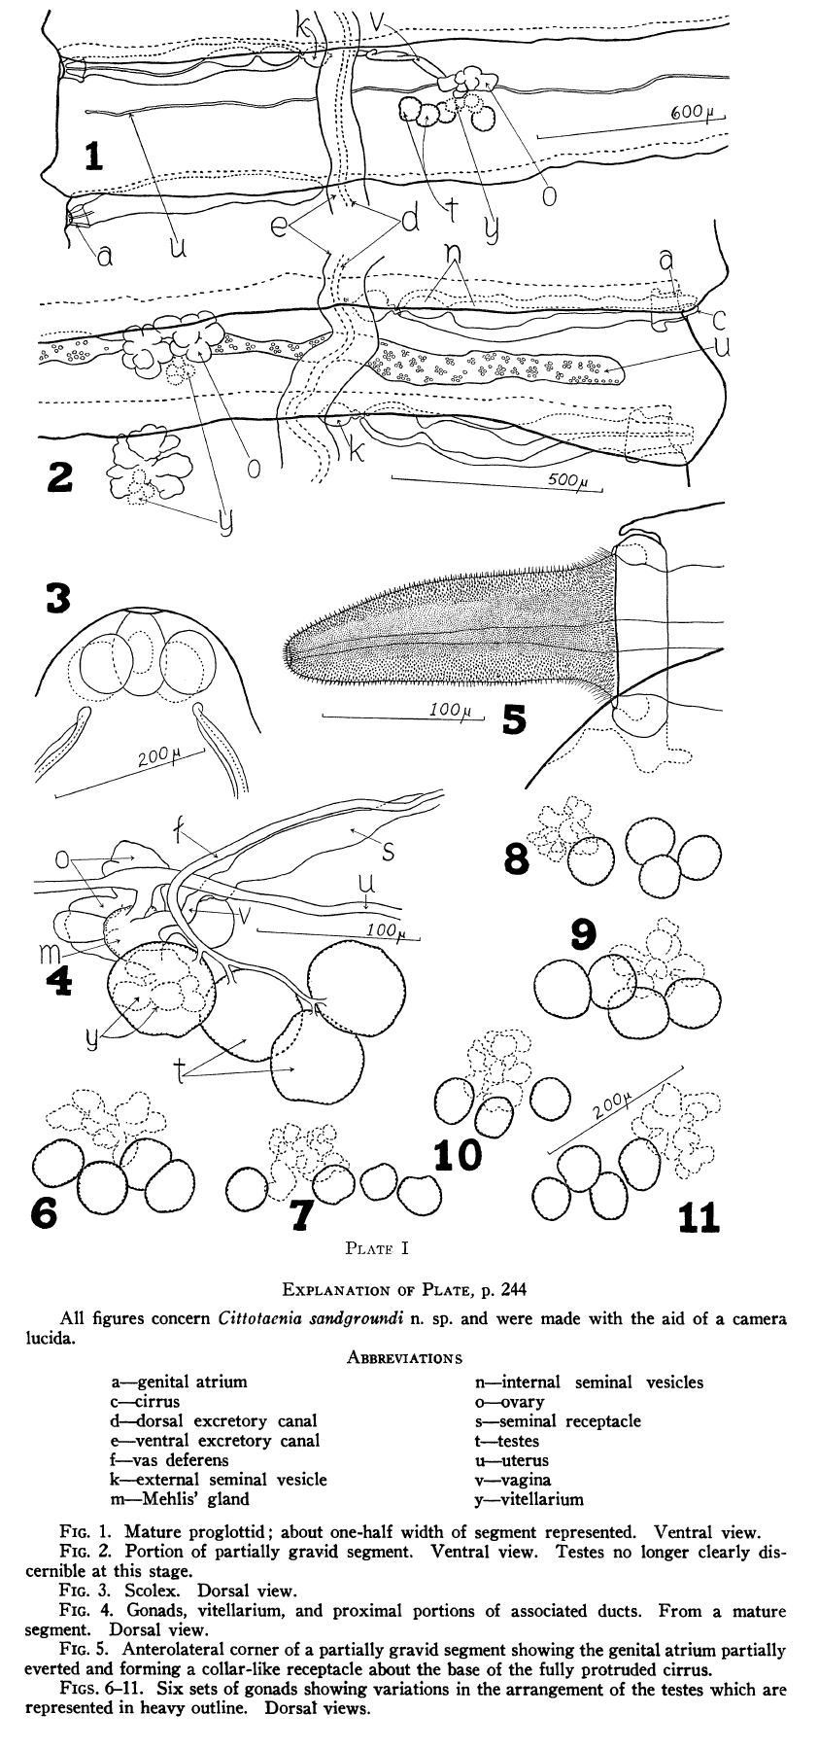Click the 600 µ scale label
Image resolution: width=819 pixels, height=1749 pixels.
pyautogui.click(x=692, y=114)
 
